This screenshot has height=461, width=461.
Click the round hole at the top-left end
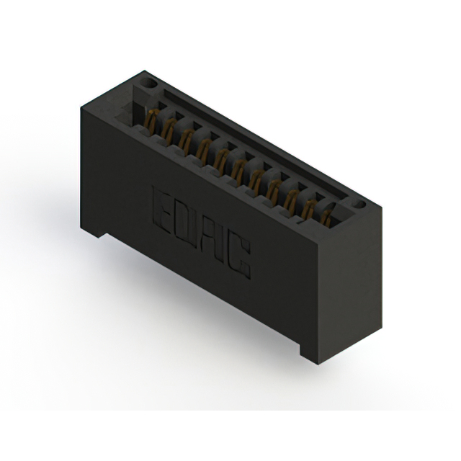coord(149,84)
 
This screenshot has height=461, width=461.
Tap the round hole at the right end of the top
coord(359,205)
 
